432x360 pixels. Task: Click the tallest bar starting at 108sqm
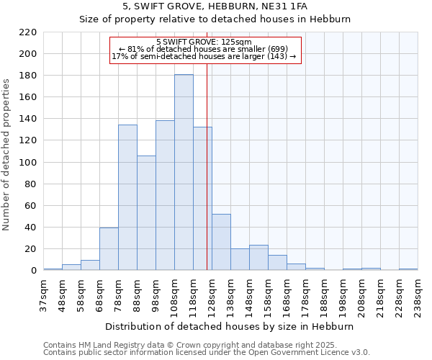184,173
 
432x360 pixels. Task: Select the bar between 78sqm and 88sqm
127,198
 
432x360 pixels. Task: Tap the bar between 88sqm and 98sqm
146,213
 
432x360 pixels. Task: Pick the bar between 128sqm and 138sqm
221,242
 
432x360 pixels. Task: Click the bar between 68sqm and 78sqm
109,249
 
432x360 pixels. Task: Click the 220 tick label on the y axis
27,32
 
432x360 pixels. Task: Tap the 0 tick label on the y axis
33,271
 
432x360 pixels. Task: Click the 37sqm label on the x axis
43,294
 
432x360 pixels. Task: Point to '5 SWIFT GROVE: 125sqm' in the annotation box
204,42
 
